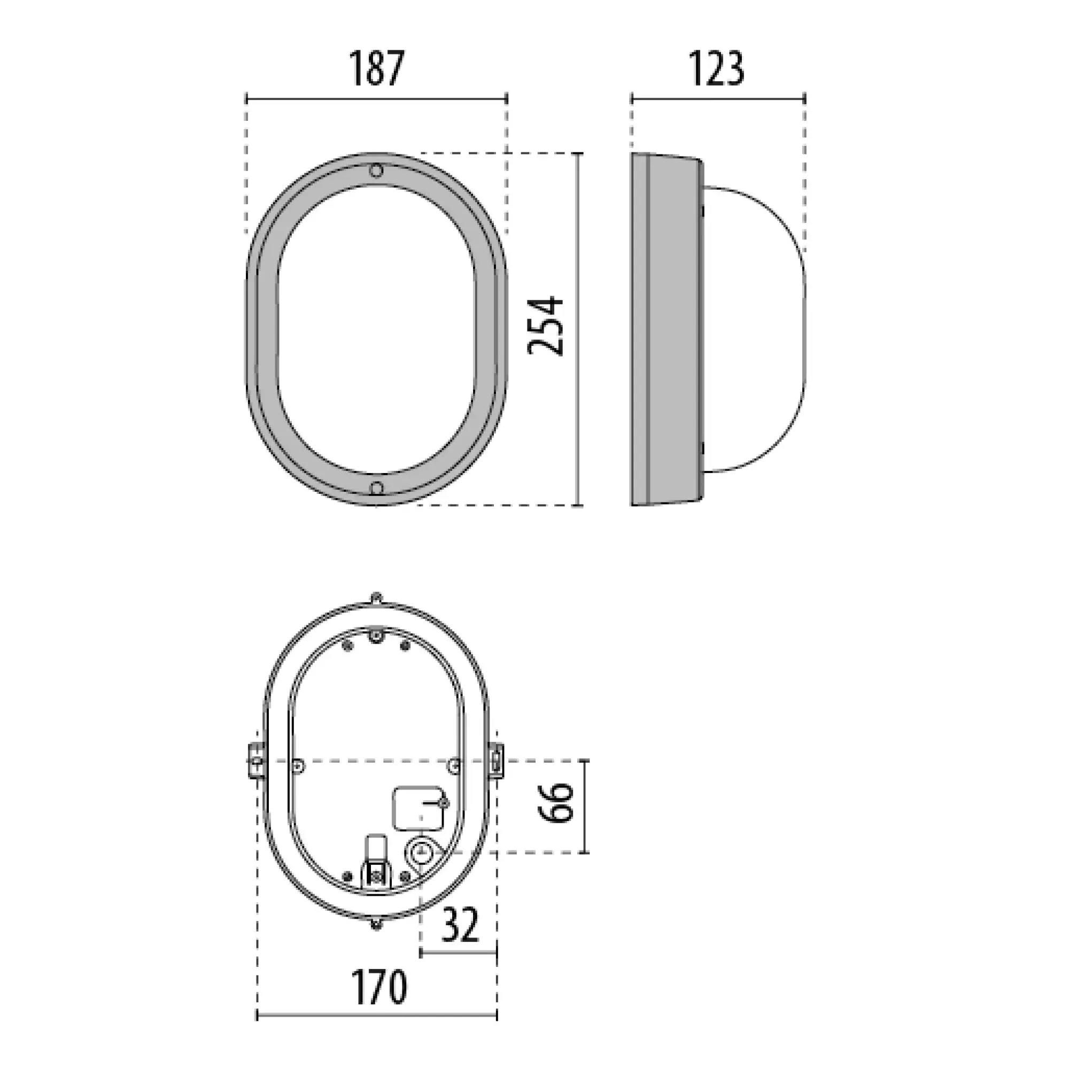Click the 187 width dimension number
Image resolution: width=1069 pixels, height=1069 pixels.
(x=377, y=68)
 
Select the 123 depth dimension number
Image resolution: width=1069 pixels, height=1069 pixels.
(x=717, y=68)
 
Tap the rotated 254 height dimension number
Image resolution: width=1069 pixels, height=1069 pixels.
(x=546, y=326)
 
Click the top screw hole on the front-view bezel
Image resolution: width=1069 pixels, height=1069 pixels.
(x=376, y=171)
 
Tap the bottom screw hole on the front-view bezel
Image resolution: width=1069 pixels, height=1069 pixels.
(x=376, y=488)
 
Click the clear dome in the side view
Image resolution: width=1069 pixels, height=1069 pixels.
(x=755, y=329)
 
